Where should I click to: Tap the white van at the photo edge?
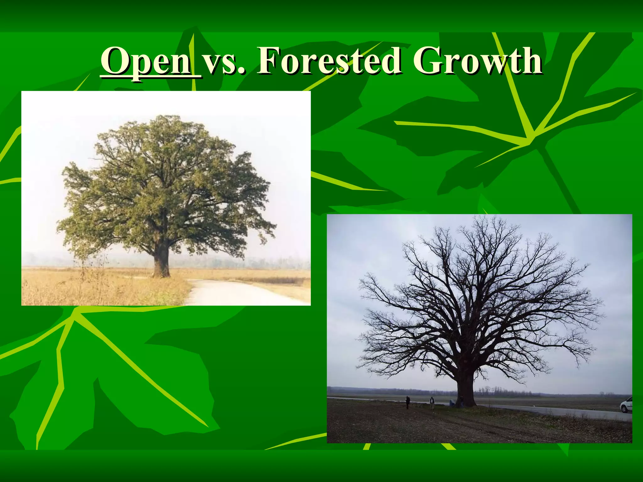pos(627,405)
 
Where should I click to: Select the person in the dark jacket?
pos(408,402)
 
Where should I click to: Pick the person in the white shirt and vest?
pos(432,403)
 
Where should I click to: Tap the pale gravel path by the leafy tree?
pos(232,292)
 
